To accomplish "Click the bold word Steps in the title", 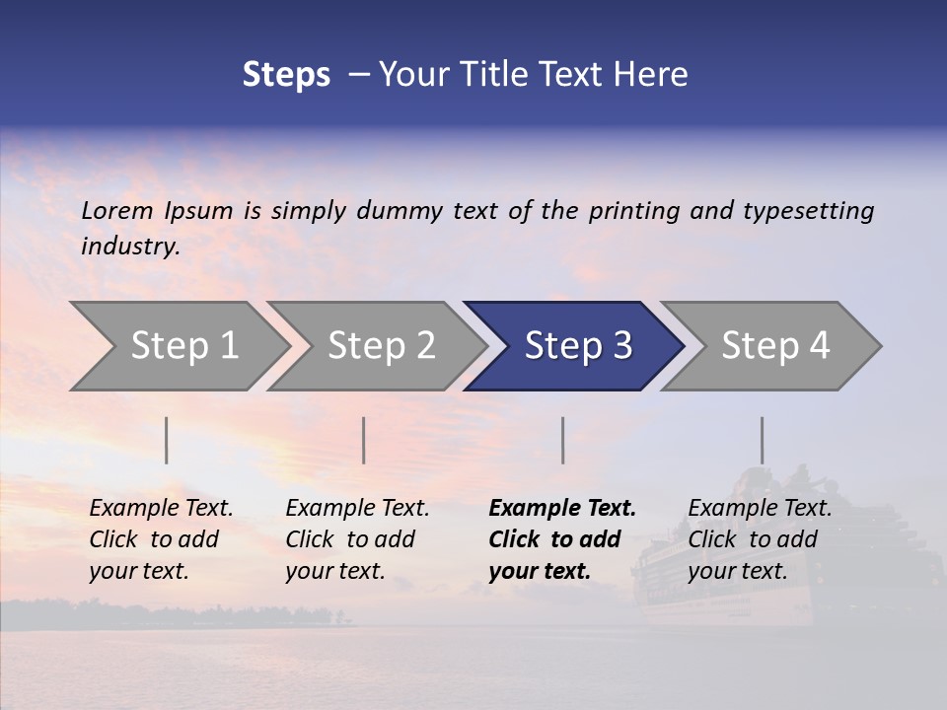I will tap(286, 75).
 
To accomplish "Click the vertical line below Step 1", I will tap(166, 440).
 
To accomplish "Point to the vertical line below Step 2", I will tap(363, 440).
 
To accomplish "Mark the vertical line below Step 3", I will tap(562, 440).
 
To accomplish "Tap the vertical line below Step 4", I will tap(762, 440).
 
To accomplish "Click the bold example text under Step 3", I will tap(561, 539).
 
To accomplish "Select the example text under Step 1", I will tap(161, 539).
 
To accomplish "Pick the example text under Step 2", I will tap(357, 539).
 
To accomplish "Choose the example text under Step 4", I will tap(760, 539).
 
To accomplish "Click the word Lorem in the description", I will tap(117, 210).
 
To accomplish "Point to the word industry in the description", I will tap(130, 247).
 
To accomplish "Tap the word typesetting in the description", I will tap(808, 211).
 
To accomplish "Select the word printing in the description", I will tap(634, 211).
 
